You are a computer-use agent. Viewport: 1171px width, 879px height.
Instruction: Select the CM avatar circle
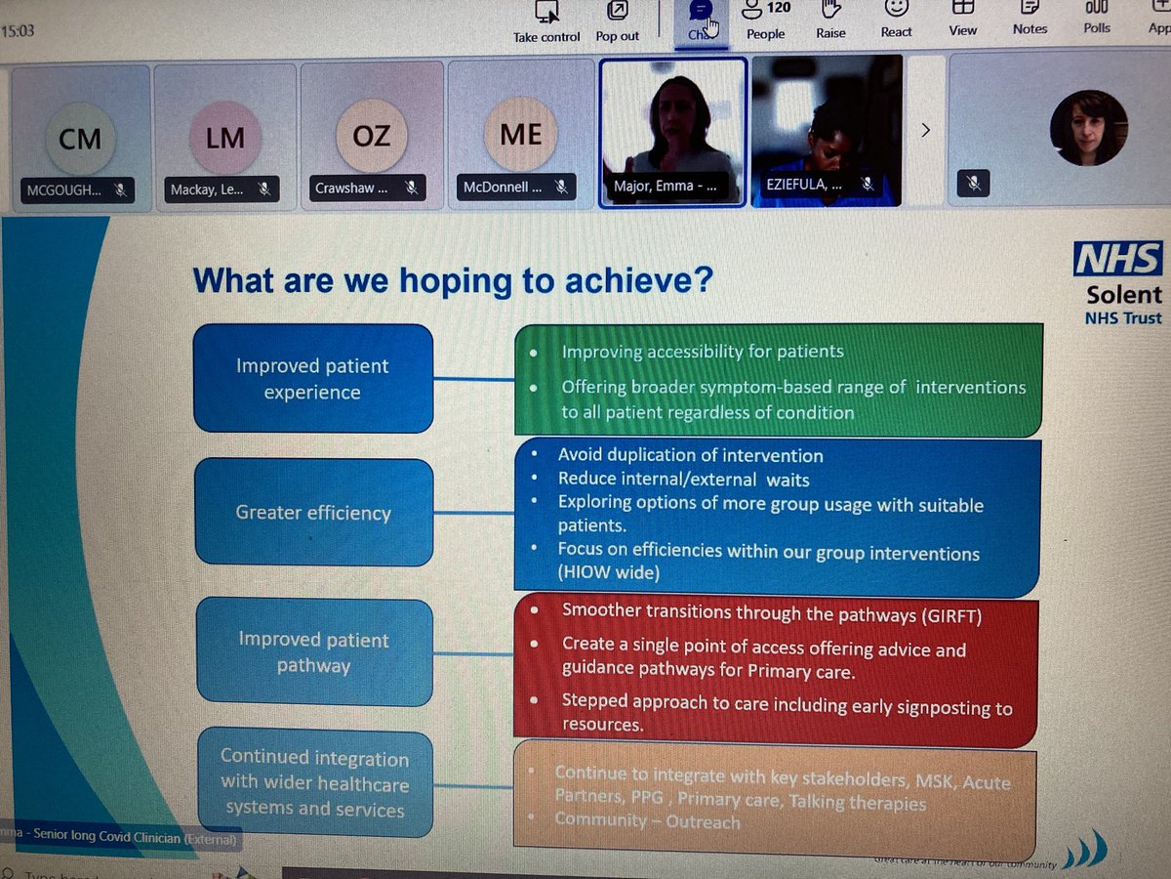[80, 139]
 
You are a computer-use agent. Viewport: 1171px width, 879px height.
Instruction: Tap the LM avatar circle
[225, 139]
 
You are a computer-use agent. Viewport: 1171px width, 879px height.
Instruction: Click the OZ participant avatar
[371, 137]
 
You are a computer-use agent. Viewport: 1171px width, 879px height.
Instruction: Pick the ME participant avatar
[520, 134]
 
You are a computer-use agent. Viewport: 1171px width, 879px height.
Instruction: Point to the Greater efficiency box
[313, 512]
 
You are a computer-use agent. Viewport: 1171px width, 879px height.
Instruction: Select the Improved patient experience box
[312, 378]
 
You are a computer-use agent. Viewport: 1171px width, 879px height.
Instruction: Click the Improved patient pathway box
[313, 652]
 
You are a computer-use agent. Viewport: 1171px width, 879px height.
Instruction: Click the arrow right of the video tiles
[926, 129]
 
